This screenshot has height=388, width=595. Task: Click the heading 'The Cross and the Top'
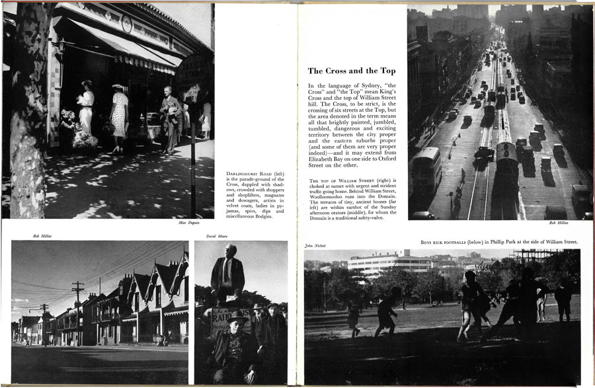click(352, 71)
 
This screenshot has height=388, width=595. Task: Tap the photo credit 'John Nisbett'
click(316, 246)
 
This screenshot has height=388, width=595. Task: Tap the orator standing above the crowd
click(227, 274)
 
